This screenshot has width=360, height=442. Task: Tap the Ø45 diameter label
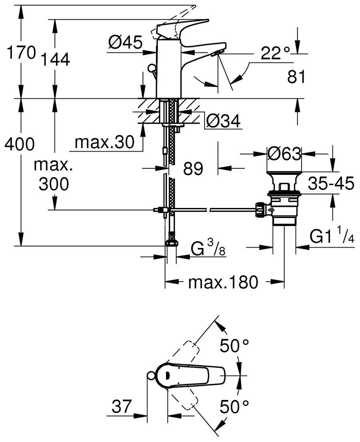(x=125, y=42)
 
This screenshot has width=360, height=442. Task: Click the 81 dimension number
(x=296, y=77)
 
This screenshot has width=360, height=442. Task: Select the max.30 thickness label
(x=104, y=142)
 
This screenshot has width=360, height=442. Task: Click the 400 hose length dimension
(x=19, y=144)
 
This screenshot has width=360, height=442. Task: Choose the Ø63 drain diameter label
(x=284, y=154)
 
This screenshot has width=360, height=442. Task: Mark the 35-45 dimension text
(x=331, y=184)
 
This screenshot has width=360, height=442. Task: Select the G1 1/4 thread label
(x=332, y=237)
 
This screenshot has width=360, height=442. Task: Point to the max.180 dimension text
(x=223, y=283)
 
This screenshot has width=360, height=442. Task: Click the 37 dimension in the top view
(x=122, y=407)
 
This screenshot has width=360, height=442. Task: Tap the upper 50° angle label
(x=234, y=345)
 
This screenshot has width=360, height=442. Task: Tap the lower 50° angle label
(x=234, y=407)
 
